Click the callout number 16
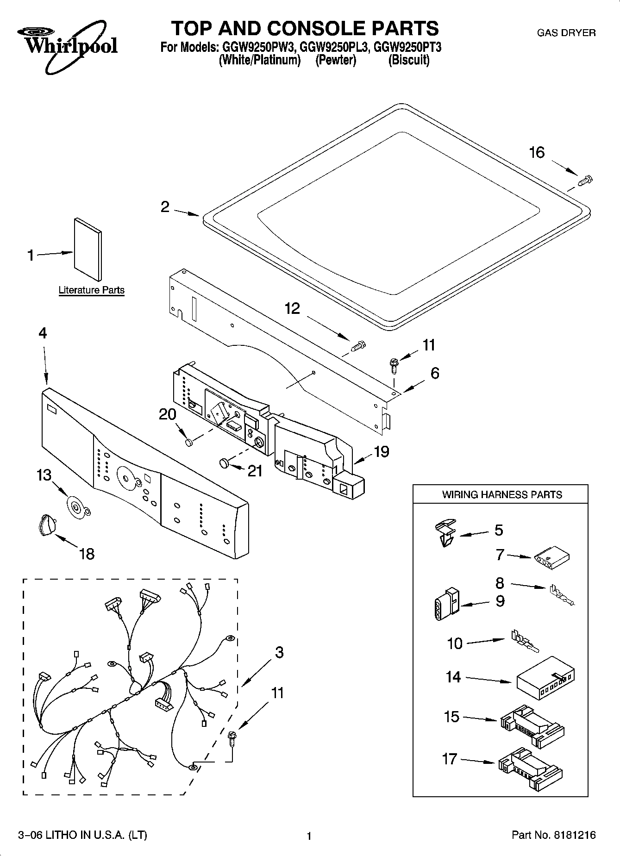(x=537, y=152)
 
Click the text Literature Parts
(x=91, y=290)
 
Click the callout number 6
(x=434, y=373)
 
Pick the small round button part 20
(x=188, y=443)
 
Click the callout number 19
(x=381, y=451)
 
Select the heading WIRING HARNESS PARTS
(x=501, y=494)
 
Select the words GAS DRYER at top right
(x=566, y=33)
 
